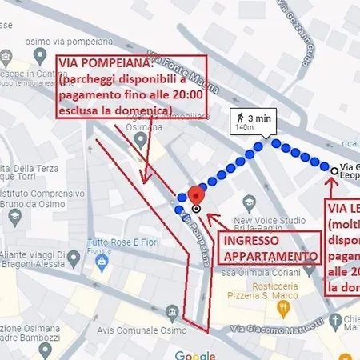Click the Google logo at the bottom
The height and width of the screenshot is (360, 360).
pyautogui.click(x=196, y=355)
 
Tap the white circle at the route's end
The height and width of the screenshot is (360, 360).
pyautogui.click(x=334, y=170)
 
